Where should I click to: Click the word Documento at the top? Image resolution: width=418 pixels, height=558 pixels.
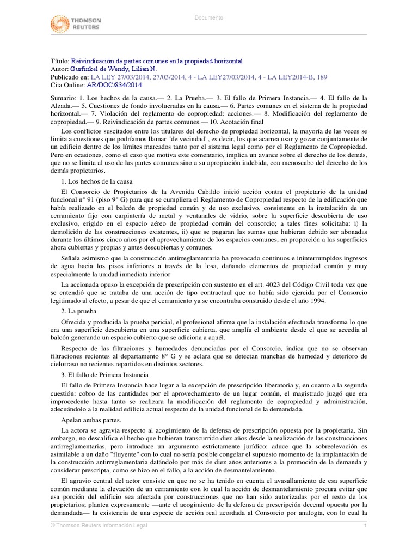[209, 18]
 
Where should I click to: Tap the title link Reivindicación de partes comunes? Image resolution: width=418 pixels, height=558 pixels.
[157, 62]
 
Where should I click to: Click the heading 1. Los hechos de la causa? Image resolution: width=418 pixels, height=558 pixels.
[96, 180]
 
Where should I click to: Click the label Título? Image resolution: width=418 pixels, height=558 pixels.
[59, 62]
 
